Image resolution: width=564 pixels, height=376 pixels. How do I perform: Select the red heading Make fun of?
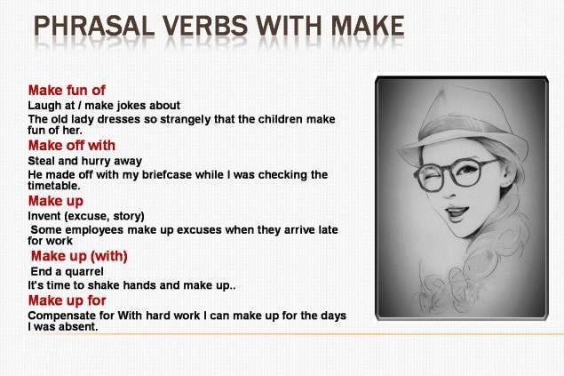[x=67, y=90]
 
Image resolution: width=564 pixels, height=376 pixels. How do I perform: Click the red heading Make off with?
[x=72, y=145]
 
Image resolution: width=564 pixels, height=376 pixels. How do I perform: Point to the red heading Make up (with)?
[x=79, y=256]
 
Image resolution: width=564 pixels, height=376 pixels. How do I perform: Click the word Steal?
[x=42, y=161]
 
